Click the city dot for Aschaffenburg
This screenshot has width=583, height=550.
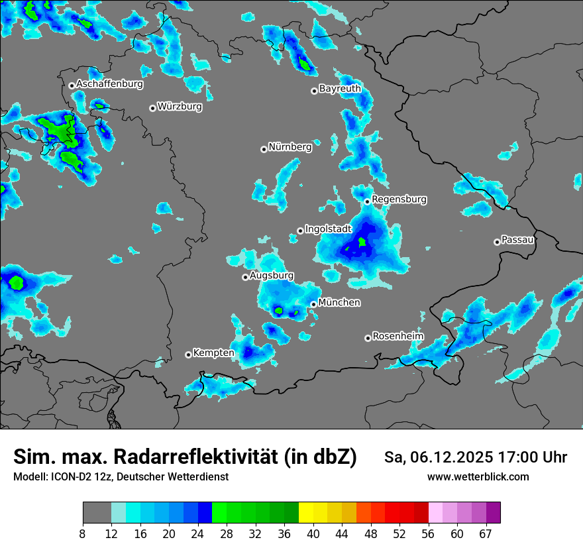tap(72, 85)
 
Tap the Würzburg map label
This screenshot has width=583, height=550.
tap(180, 106)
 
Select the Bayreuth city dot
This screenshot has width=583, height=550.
tap(314, 91)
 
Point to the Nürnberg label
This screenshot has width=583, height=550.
tap(290, 147)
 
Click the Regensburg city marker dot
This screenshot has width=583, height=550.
tap(367, 201)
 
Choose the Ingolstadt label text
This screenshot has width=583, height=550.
tap(328, 229)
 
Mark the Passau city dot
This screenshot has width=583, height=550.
tap(497, 242)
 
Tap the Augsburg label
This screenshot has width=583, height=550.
tap(272, 275)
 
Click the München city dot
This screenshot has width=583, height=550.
tap(313, 304)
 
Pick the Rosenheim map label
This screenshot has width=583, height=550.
tap(397, 336)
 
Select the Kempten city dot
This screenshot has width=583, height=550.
tap(188, 355)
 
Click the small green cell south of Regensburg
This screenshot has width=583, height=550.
tap(362, 243)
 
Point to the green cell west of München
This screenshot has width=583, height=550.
tap(279, 310)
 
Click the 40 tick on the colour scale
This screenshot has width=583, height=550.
tap(313, 533)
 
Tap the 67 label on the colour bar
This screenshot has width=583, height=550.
tap(486, 533)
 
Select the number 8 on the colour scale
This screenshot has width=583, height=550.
tap(83, 533)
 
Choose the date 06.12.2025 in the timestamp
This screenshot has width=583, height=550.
tap(448, 457)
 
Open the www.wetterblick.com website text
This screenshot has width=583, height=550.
tap(478, 476)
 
